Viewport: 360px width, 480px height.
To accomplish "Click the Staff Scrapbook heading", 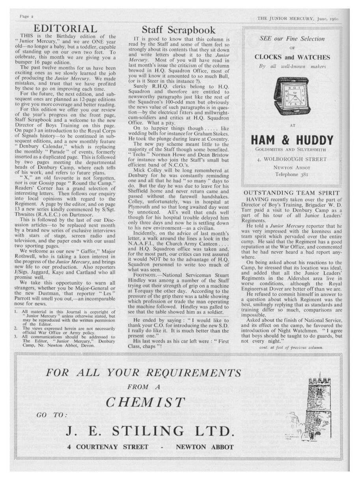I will point(179,30).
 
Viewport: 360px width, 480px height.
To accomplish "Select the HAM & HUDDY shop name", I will point(292,140).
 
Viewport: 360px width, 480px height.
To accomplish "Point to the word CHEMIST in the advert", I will point(145,402).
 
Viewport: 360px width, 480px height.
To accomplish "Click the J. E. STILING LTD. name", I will point(151,430).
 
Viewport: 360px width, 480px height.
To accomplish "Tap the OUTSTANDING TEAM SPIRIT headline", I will point(292,193).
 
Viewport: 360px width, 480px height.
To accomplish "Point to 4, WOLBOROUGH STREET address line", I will point(292,159).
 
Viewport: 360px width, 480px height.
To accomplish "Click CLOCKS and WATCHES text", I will point(292,57).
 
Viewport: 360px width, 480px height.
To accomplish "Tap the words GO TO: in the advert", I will point(52,415).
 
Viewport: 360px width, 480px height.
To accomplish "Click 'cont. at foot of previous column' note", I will point(291,347).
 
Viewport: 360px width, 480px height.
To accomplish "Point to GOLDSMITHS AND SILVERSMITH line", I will point(292,149).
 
